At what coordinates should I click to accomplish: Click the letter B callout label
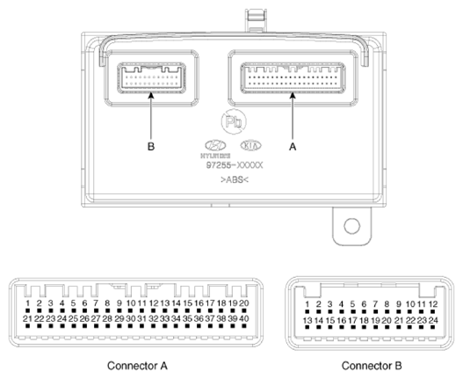click(151, 149)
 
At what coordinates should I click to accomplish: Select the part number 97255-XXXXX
click(232, 164)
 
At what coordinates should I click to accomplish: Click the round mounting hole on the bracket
click(351, 226)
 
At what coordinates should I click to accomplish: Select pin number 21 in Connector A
click(28, 317)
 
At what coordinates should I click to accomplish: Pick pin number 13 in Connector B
click(307, 322)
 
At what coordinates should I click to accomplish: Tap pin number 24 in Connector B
click(432, 322)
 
